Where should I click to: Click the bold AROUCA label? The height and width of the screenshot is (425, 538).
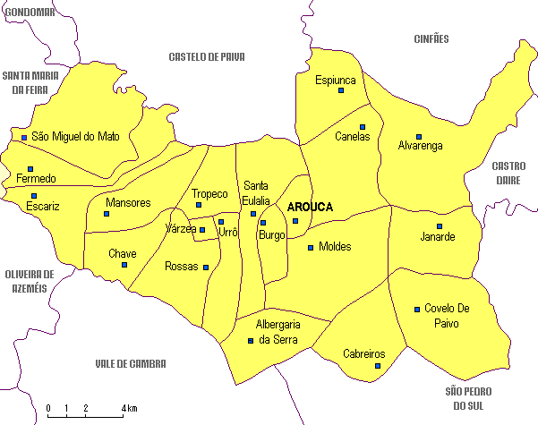(310, 207)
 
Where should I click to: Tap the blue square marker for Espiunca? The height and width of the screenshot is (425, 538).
(341, 90)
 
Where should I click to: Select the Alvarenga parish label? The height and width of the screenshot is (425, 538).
(420, 146)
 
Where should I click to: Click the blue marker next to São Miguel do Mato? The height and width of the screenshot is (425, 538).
(24, 137)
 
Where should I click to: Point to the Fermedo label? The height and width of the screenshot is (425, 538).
(36, 179)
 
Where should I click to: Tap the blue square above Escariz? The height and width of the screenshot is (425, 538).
(34, 195)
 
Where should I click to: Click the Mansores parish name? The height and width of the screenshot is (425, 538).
(128, 203)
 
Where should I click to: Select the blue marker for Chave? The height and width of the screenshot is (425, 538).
(124, 264)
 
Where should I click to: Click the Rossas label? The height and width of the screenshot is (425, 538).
(182, 267)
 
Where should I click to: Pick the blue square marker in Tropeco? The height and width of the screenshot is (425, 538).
(199, 205)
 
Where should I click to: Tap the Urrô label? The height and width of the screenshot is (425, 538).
(228, 232)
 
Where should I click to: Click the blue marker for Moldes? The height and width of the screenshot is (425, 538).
(311, 247)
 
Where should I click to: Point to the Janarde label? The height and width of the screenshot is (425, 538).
(438, 237)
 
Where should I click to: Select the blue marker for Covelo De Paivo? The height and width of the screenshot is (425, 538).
(417, 310)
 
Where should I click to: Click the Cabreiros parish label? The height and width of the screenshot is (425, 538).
(363, 354)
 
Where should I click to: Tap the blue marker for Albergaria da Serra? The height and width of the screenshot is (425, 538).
(250, 340)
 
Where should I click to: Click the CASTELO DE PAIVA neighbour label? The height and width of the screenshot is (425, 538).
(206, 57)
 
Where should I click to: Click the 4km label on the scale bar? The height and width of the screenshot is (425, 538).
(130, 409)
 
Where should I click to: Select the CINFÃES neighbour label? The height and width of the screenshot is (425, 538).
(431, 38)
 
